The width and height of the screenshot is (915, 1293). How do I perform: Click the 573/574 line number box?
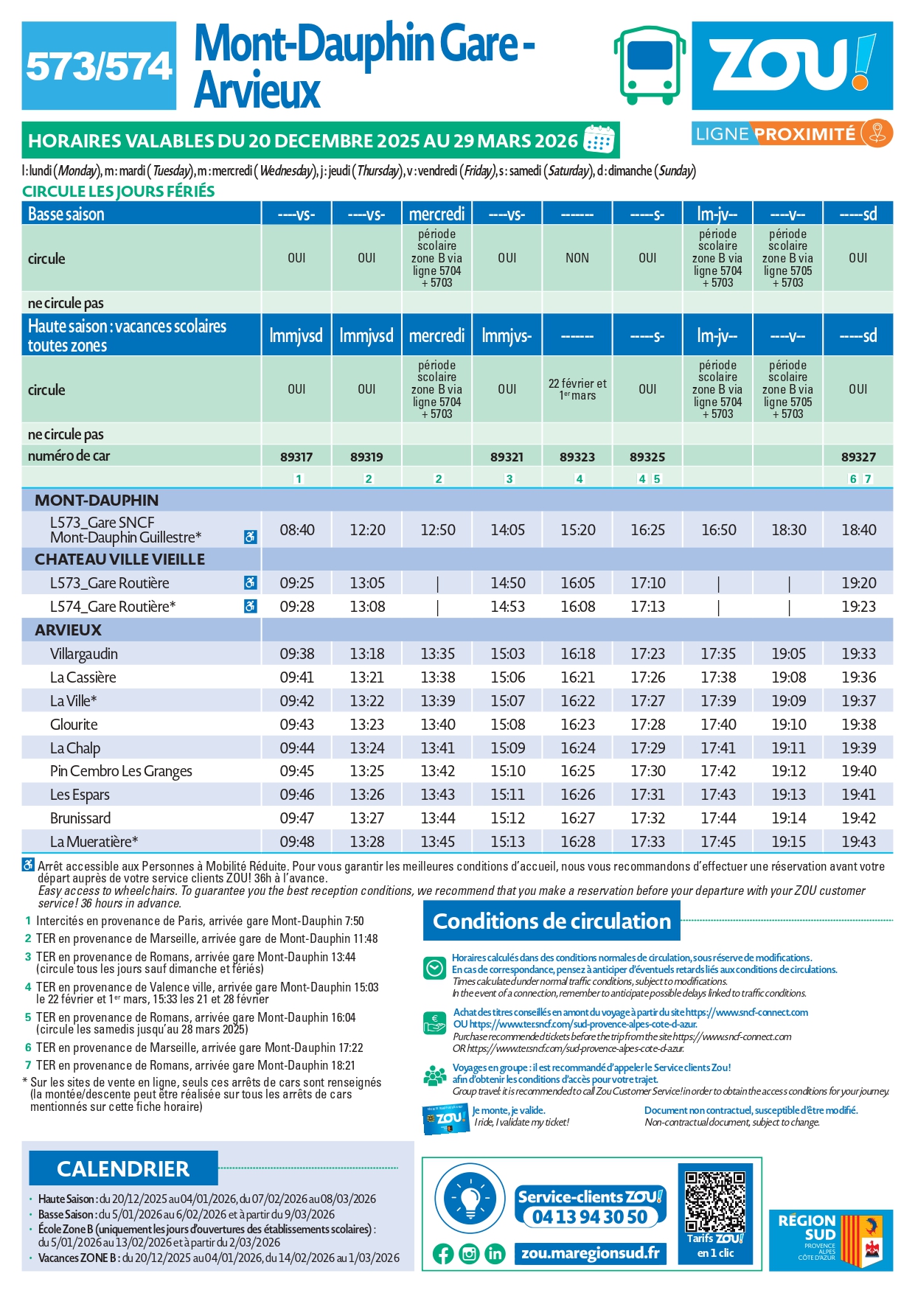click(99, 66)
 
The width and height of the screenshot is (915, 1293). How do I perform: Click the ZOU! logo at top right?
click(792, 65)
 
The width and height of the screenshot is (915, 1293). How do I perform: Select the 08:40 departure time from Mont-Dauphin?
click(296, 530)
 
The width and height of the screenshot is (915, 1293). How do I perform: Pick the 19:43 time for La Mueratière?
click(858, 842)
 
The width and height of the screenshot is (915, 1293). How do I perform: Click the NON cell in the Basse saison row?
click(577, 258)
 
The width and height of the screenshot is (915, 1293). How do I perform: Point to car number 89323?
click(577, 457)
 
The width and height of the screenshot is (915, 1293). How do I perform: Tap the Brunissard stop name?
click(80, 818)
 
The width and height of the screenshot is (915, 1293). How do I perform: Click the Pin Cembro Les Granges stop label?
click(121, 771)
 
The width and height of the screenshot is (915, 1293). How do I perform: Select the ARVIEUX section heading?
click(68, 630)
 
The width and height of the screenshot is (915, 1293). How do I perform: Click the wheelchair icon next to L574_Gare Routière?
click(251, 607)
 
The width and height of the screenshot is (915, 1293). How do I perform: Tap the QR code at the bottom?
click(714, 1202)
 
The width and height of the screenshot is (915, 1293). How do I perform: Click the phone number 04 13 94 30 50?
click(590, 1217)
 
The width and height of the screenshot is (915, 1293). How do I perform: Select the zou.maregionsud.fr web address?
click(590, 1253)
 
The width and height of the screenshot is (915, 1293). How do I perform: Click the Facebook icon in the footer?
click(443, 1254)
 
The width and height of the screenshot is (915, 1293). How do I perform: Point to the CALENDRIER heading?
click(123, 1169)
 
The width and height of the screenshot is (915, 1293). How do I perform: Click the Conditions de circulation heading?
click(552, 921)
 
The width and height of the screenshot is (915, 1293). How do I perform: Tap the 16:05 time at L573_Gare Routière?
click(577, 583)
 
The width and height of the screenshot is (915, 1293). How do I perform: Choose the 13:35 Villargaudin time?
click(437, 654)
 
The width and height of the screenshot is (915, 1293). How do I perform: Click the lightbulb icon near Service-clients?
click(470, 1198)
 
